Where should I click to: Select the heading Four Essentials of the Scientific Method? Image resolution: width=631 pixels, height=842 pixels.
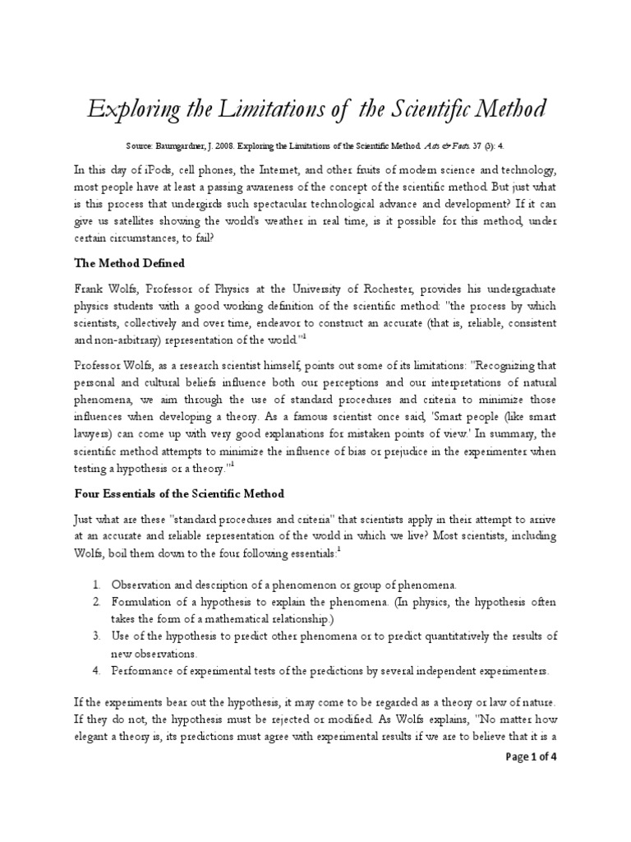179,493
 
